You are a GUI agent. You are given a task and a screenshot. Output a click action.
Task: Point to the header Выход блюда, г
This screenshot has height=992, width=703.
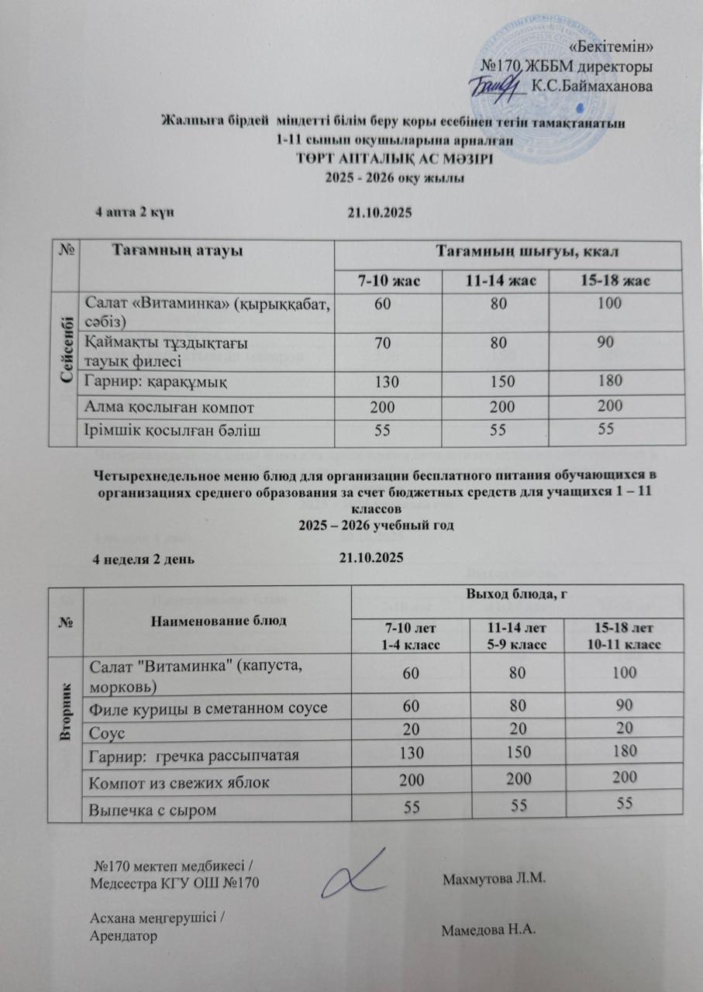511,596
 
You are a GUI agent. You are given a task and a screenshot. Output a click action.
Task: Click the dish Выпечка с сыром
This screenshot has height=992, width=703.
151,810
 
